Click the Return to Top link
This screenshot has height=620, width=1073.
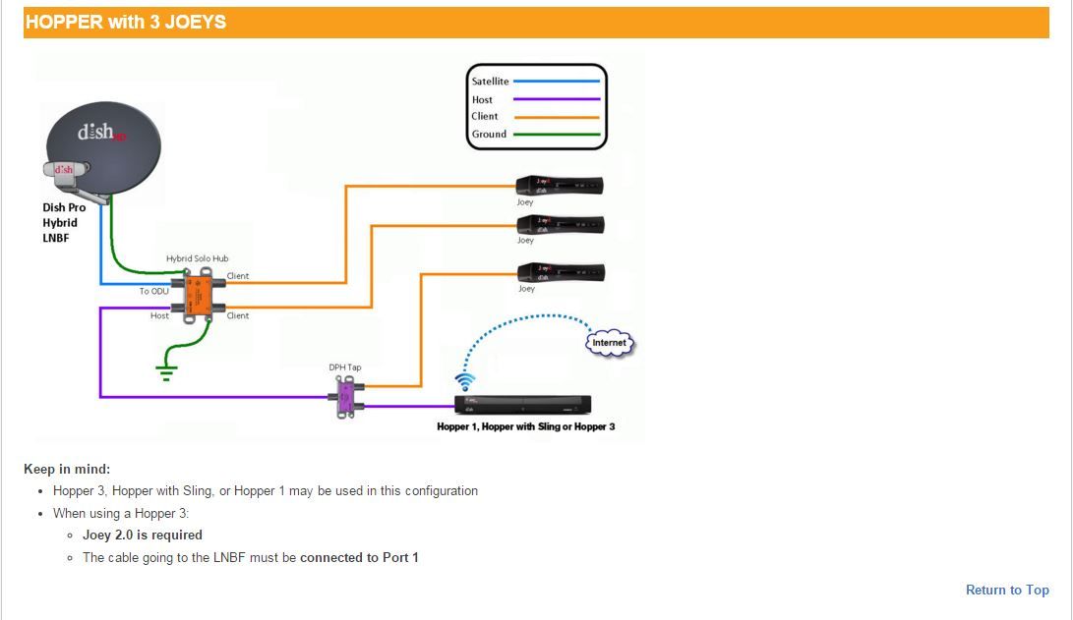1007,590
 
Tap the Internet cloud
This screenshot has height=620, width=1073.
609,342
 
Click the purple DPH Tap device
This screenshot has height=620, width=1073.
346,399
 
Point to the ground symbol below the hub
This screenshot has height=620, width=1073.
166,369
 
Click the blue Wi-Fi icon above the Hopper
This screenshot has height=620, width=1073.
465,380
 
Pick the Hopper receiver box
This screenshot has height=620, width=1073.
521,404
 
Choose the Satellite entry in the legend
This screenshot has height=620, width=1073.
490,82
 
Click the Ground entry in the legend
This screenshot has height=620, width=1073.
489,134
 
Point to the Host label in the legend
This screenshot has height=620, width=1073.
482,99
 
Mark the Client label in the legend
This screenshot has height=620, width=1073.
484,116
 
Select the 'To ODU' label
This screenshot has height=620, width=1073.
153,292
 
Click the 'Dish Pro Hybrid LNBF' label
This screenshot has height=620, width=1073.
64,222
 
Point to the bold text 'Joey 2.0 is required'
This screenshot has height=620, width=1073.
143,535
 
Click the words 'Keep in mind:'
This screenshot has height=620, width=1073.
67,469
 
